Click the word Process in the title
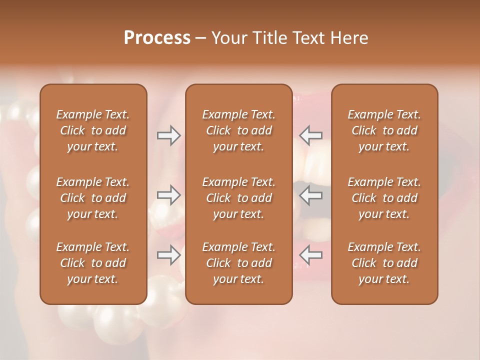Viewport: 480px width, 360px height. point(157,37)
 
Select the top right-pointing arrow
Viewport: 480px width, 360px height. point(168,135)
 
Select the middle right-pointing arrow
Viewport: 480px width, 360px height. point(168,194)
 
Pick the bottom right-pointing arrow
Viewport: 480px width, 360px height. point(168,254)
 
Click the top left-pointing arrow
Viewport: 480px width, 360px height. point(311,135)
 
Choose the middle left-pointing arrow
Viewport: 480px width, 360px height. point(311,194)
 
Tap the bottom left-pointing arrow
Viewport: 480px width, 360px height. point(311,254)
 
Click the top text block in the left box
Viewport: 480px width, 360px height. point(93,130)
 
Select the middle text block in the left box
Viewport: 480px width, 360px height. point(93,198)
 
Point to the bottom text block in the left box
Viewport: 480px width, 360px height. point(93,263)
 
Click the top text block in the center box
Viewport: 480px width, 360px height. point(239,130)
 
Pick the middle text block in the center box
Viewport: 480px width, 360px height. point(239,198)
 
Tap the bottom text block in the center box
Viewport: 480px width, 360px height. point(239,263)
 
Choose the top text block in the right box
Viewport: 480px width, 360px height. point(384,130)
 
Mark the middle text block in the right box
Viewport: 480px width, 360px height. point(384,198)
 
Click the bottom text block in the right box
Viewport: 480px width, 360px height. point(384,263)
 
